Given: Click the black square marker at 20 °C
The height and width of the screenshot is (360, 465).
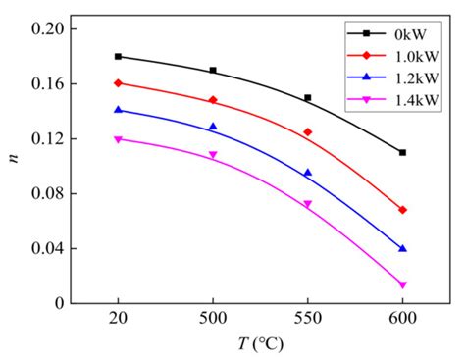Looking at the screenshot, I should tap(119, 57).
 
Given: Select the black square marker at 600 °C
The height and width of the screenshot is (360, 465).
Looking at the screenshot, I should tap(402, 152).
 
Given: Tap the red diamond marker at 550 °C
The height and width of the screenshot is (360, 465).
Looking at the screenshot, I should tap(307, 131).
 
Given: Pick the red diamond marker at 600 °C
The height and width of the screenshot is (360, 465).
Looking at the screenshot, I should tap(402, 210).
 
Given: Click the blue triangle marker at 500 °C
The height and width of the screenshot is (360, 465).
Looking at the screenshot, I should tap(213, 127).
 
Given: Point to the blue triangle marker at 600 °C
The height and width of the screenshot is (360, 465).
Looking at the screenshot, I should tap(402, 248).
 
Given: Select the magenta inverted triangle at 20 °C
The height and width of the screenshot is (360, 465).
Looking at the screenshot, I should tap(119, 139).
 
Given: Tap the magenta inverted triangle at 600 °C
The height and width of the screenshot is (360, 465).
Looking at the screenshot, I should tap(402, 285).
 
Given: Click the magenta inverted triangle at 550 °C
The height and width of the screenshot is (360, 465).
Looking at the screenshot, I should tap(307, 205).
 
